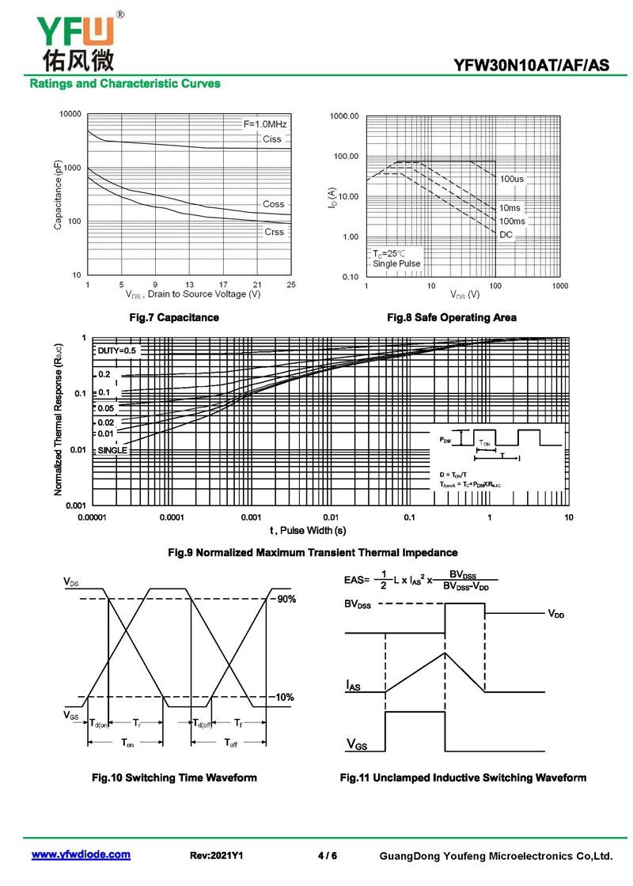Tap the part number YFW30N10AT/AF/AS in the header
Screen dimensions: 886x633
click(532, 66)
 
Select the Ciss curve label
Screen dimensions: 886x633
click(271, 139)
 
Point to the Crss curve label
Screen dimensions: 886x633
click(274, 232)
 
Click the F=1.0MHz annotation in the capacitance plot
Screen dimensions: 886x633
click(265, 124)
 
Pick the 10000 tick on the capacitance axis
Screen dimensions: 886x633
click(70, 115)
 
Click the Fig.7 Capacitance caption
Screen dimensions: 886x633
click(173, 317)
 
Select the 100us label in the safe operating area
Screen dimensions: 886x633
click(511, 180)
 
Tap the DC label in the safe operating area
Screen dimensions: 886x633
click(506, 235)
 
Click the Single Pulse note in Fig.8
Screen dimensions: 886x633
click(396, 263)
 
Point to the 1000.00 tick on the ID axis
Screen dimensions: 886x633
click(344, 117)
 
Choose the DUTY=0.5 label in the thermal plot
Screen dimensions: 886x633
click(117, 350)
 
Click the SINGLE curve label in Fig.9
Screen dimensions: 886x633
click(112, 450)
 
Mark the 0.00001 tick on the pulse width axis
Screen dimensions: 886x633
click(92, 517)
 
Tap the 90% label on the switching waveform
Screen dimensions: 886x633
click(286, 600)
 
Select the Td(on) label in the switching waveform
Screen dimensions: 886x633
click(99, 723)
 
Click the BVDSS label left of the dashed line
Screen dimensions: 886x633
click(357, 604)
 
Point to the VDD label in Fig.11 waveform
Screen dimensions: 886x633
click(555, 614)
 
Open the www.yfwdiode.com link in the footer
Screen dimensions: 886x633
click(81, 855)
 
